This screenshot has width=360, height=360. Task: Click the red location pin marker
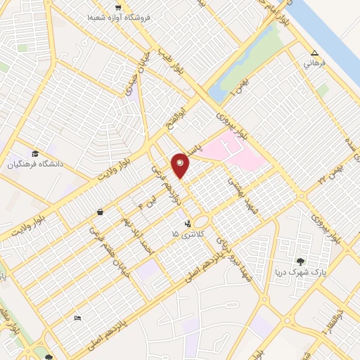181,165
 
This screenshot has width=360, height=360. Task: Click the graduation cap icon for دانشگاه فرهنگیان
35,153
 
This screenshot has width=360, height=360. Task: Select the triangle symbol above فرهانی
314,53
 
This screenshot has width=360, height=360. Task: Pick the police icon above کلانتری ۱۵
186,224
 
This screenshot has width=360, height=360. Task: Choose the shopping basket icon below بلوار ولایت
101,212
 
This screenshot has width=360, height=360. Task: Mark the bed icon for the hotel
77,319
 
